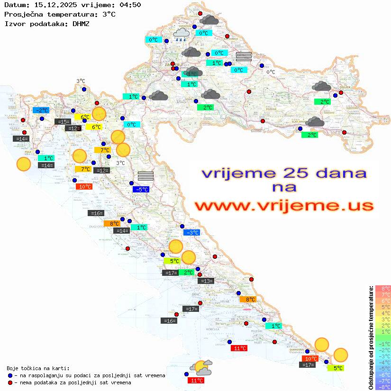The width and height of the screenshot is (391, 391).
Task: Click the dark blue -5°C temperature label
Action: [x=141, y=190]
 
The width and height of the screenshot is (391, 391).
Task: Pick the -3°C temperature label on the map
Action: [x=191, y=233]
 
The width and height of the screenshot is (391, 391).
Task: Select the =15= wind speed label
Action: [x=63, y=122]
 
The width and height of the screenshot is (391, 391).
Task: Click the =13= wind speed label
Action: [x=207, y=281]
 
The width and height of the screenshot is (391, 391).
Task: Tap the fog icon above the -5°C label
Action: [x=146, y=176]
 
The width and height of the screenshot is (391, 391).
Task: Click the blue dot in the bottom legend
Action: [x=10, y=375]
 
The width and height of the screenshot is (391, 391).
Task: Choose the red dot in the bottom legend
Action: [x=10, y=382]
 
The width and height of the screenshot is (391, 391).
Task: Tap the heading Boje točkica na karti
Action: [x=38, y=368]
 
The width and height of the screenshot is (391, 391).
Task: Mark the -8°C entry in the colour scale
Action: [x=383, y=387]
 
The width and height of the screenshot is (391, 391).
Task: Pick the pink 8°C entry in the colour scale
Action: [x=383, y=289]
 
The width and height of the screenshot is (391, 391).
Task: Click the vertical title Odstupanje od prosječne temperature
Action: [x=371, y=337]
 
